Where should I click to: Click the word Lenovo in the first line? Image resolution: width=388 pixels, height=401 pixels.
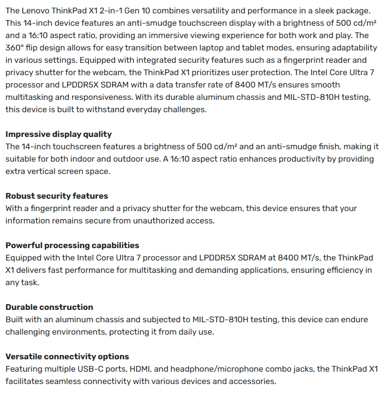[x=37, y=11]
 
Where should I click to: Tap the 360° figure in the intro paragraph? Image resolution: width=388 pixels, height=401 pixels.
[x=16, y=48]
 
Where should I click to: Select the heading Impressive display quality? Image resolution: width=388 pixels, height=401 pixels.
[x=59, y=134]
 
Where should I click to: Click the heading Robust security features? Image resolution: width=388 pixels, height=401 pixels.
[x=57, y=196]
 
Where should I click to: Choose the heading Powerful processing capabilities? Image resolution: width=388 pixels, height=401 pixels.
[x=73, y=246]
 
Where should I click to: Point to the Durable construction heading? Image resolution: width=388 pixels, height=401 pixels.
[x=49, y=307]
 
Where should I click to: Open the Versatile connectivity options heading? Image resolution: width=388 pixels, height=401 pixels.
[x=67, y=357]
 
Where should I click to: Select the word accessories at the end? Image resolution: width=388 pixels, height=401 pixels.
[x=250, y=381]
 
